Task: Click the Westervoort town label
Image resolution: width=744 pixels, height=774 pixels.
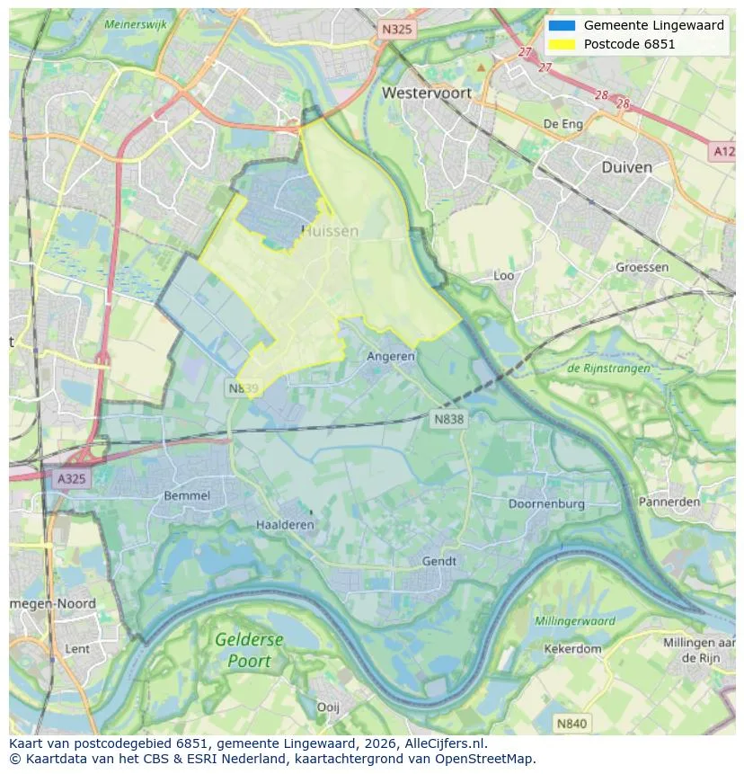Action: pos(426,93)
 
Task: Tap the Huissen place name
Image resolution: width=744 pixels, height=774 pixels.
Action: pos(330,231)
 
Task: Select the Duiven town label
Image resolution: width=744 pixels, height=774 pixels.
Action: pos(626,167)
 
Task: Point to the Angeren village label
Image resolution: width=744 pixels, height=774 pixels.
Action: pos(391,356)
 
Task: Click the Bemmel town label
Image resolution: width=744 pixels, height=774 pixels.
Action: pos(187,495)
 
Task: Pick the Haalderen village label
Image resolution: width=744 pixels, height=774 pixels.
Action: pos(285,525)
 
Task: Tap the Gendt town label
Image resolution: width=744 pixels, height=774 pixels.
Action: pos(439,561)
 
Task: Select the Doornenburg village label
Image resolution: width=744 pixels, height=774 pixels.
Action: pos(545,503)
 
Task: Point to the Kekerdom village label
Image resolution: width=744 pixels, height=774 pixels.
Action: pos(572,648)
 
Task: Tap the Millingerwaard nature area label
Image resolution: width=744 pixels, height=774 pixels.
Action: pos(575,621)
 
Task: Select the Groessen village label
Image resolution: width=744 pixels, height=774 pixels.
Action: pos(642,267)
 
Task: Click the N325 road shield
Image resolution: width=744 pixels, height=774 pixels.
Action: pos(396,30)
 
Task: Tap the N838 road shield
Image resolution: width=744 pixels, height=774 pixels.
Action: pos(449,419)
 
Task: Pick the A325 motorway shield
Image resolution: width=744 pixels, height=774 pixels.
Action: pos(71,478)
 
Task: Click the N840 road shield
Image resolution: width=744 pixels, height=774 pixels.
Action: pos(571,723)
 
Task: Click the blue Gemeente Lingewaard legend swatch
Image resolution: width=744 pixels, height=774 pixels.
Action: pos(562,25)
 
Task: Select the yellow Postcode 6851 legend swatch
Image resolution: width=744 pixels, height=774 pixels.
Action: pos(562,44)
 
